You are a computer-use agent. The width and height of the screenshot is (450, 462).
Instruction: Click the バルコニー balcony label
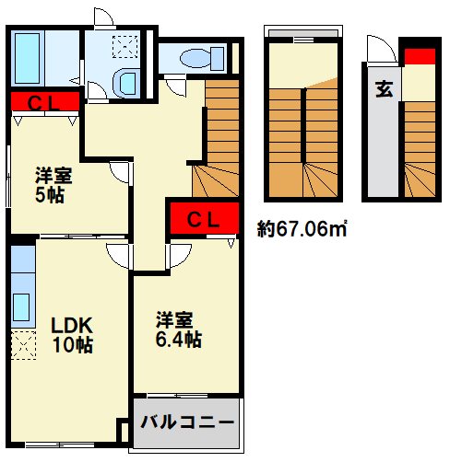pos(187,422)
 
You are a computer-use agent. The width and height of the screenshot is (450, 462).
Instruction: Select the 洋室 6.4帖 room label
pos(178,329)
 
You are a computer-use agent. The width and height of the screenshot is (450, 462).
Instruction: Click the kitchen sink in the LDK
pos(22,306)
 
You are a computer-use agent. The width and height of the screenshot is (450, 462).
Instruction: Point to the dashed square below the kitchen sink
pos(22,346)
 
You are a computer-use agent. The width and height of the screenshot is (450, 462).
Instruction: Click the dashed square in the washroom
pos(122,46)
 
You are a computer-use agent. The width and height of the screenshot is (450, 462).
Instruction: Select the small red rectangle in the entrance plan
pos(420,55)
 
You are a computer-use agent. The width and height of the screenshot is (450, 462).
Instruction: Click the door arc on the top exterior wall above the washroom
pos(104,17)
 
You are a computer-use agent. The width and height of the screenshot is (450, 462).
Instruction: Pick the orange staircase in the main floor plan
pos(221,138)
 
